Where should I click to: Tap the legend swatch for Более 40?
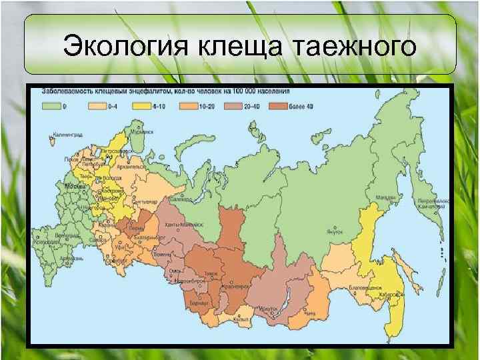(279, 105)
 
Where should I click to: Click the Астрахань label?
(70, 256)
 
